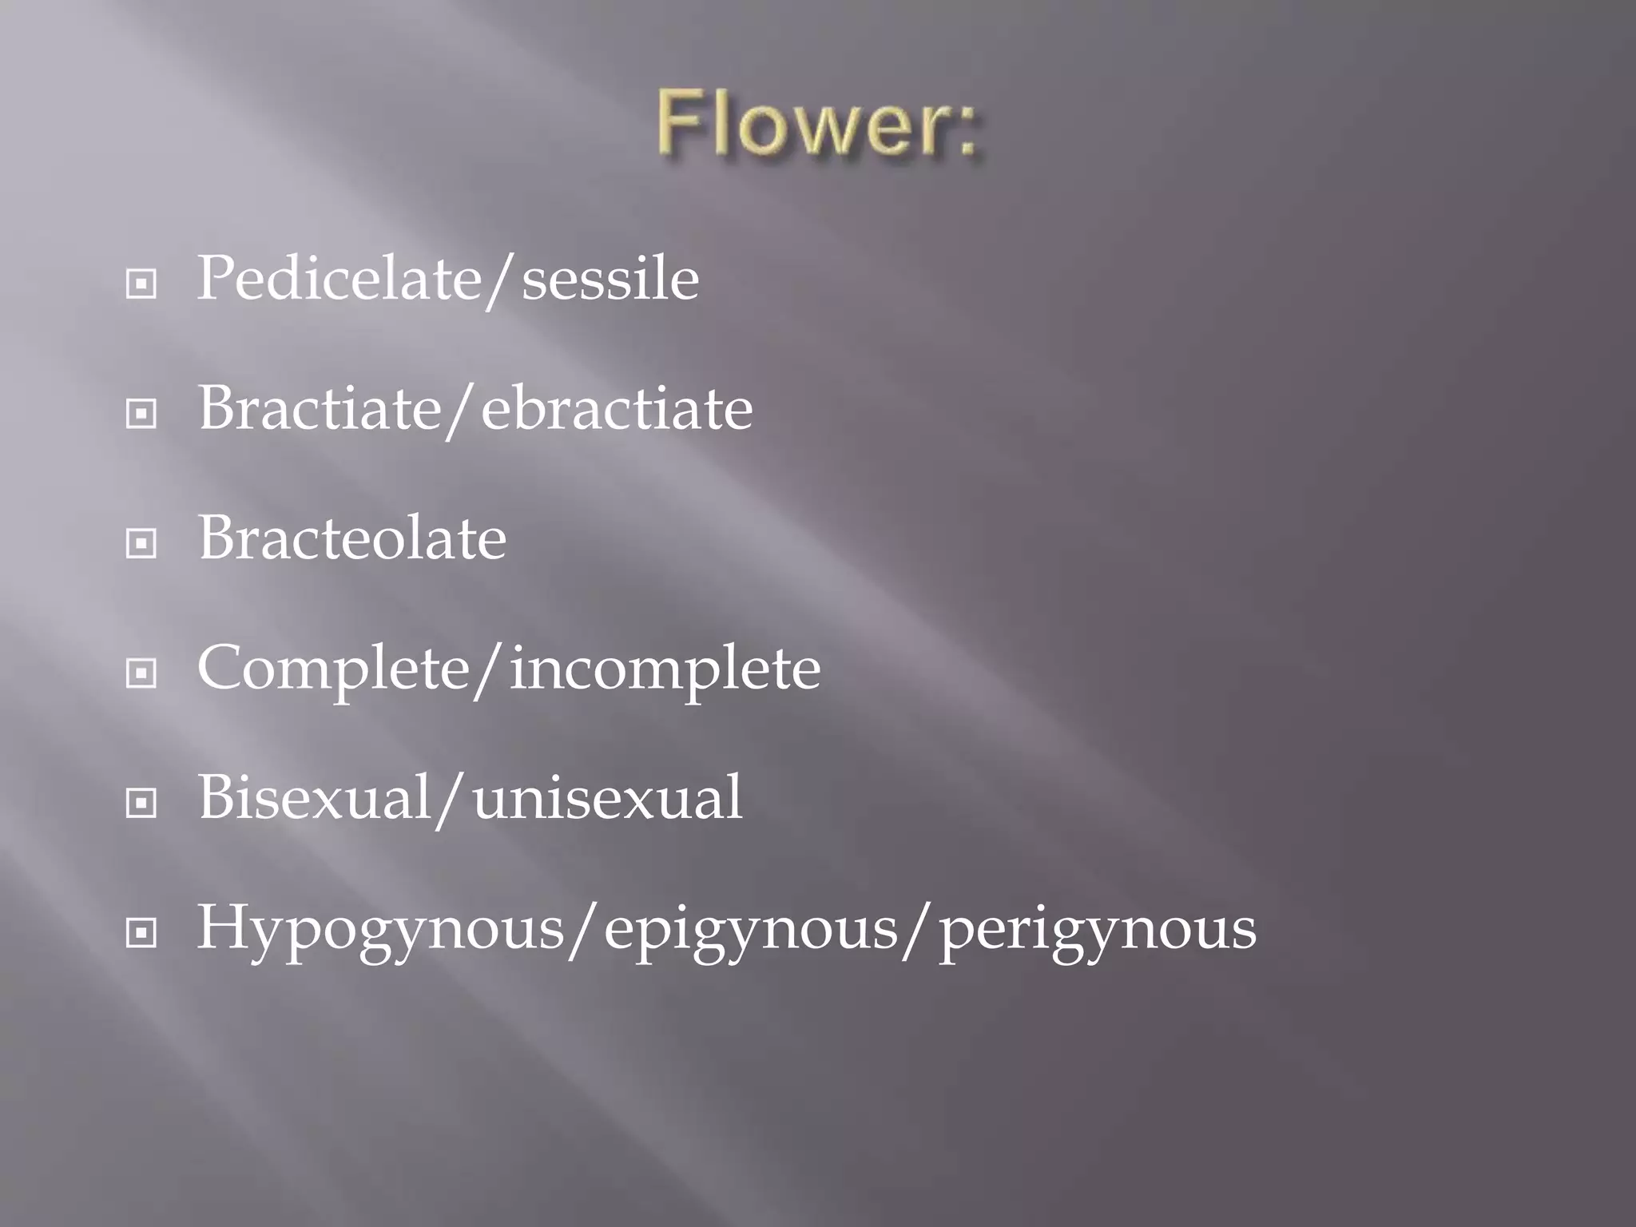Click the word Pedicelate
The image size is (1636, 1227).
(339, 280)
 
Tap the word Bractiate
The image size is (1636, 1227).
(320, 409)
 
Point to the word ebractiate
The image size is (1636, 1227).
(617, 409)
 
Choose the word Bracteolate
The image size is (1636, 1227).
(351, 538)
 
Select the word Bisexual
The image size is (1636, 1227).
(315, 797)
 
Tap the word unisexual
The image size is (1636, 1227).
(607, 797)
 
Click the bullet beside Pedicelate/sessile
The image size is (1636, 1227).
(141, 284)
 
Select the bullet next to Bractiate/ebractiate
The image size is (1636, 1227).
(141, 414)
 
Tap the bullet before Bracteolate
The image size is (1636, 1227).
(141, 544)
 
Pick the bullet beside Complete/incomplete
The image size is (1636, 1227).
(141, 673)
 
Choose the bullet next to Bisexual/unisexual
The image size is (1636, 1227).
(141, 803)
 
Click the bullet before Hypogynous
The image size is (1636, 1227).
(141, 932)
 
